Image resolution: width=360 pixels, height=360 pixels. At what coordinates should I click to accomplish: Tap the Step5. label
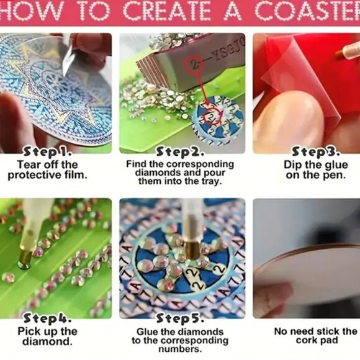178,319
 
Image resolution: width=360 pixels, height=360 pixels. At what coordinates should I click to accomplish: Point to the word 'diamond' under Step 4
43,342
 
